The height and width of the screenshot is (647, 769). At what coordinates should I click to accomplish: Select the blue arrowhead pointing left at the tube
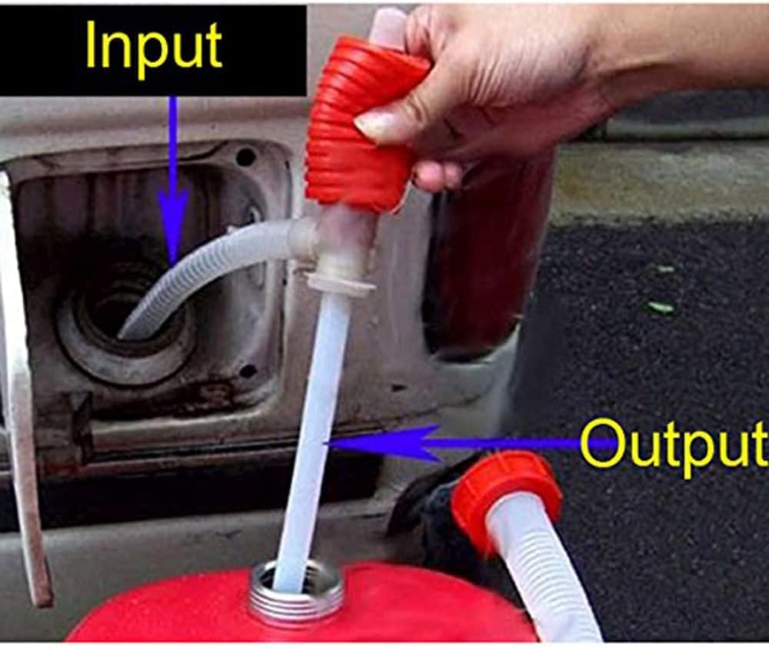382,444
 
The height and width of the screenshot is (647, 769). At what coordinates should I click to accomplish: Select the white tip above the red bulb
388,25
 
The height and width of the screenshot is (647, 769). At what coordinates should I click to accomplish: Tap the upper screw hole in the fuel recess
245,157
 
